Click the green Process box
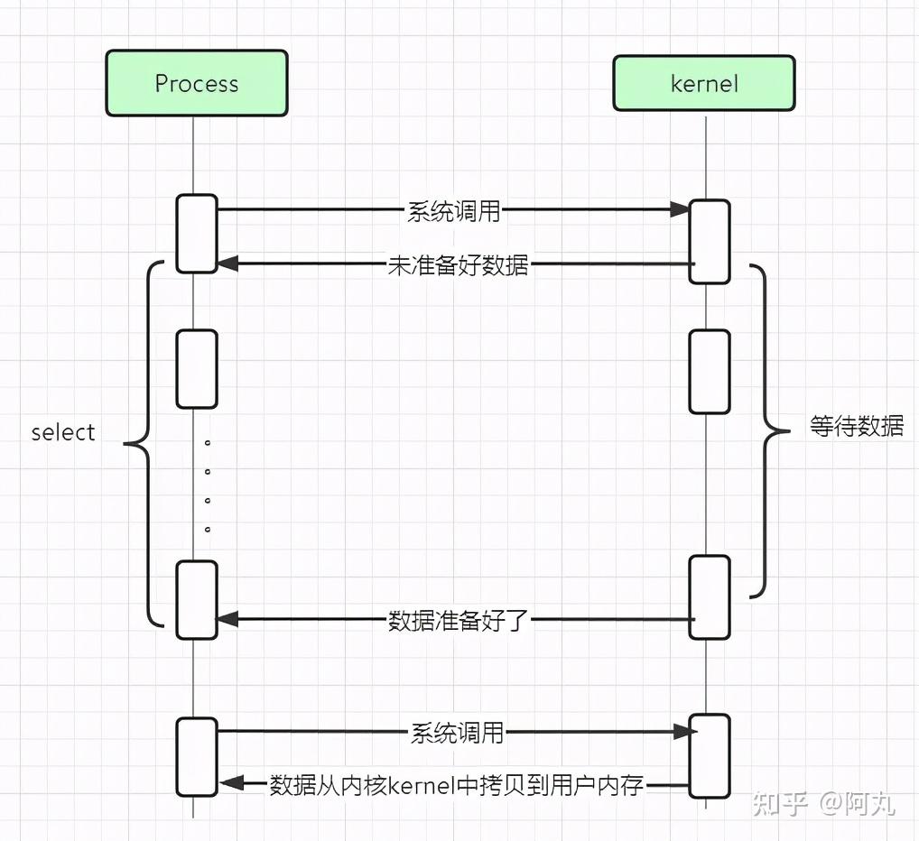[196, 83]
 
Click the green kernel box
[704, 83]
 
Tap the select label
[62, 432]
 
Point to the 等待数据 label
[857, 426]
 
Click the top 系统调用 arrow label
[454, 211]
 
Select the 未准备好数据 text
[458, 264]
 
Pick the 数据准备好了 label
[459, 620]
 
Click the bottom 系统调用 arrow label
[457, 733]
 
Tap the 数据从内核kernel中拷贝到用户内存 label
[457, 785]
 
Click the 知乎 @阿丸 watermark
[823, 803]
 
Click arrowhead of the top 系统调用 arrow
[680, 209]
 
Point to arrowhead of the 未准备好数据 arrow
[227, 263]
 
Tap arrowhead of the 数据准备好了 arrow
[227, 619]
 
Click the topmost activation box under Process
[197, 234]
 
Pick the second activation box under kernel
[710, 372]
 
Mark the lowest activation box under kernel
[710, 756]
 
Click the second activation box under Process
[197, 369]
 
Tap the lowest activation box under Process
[197, 757]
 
